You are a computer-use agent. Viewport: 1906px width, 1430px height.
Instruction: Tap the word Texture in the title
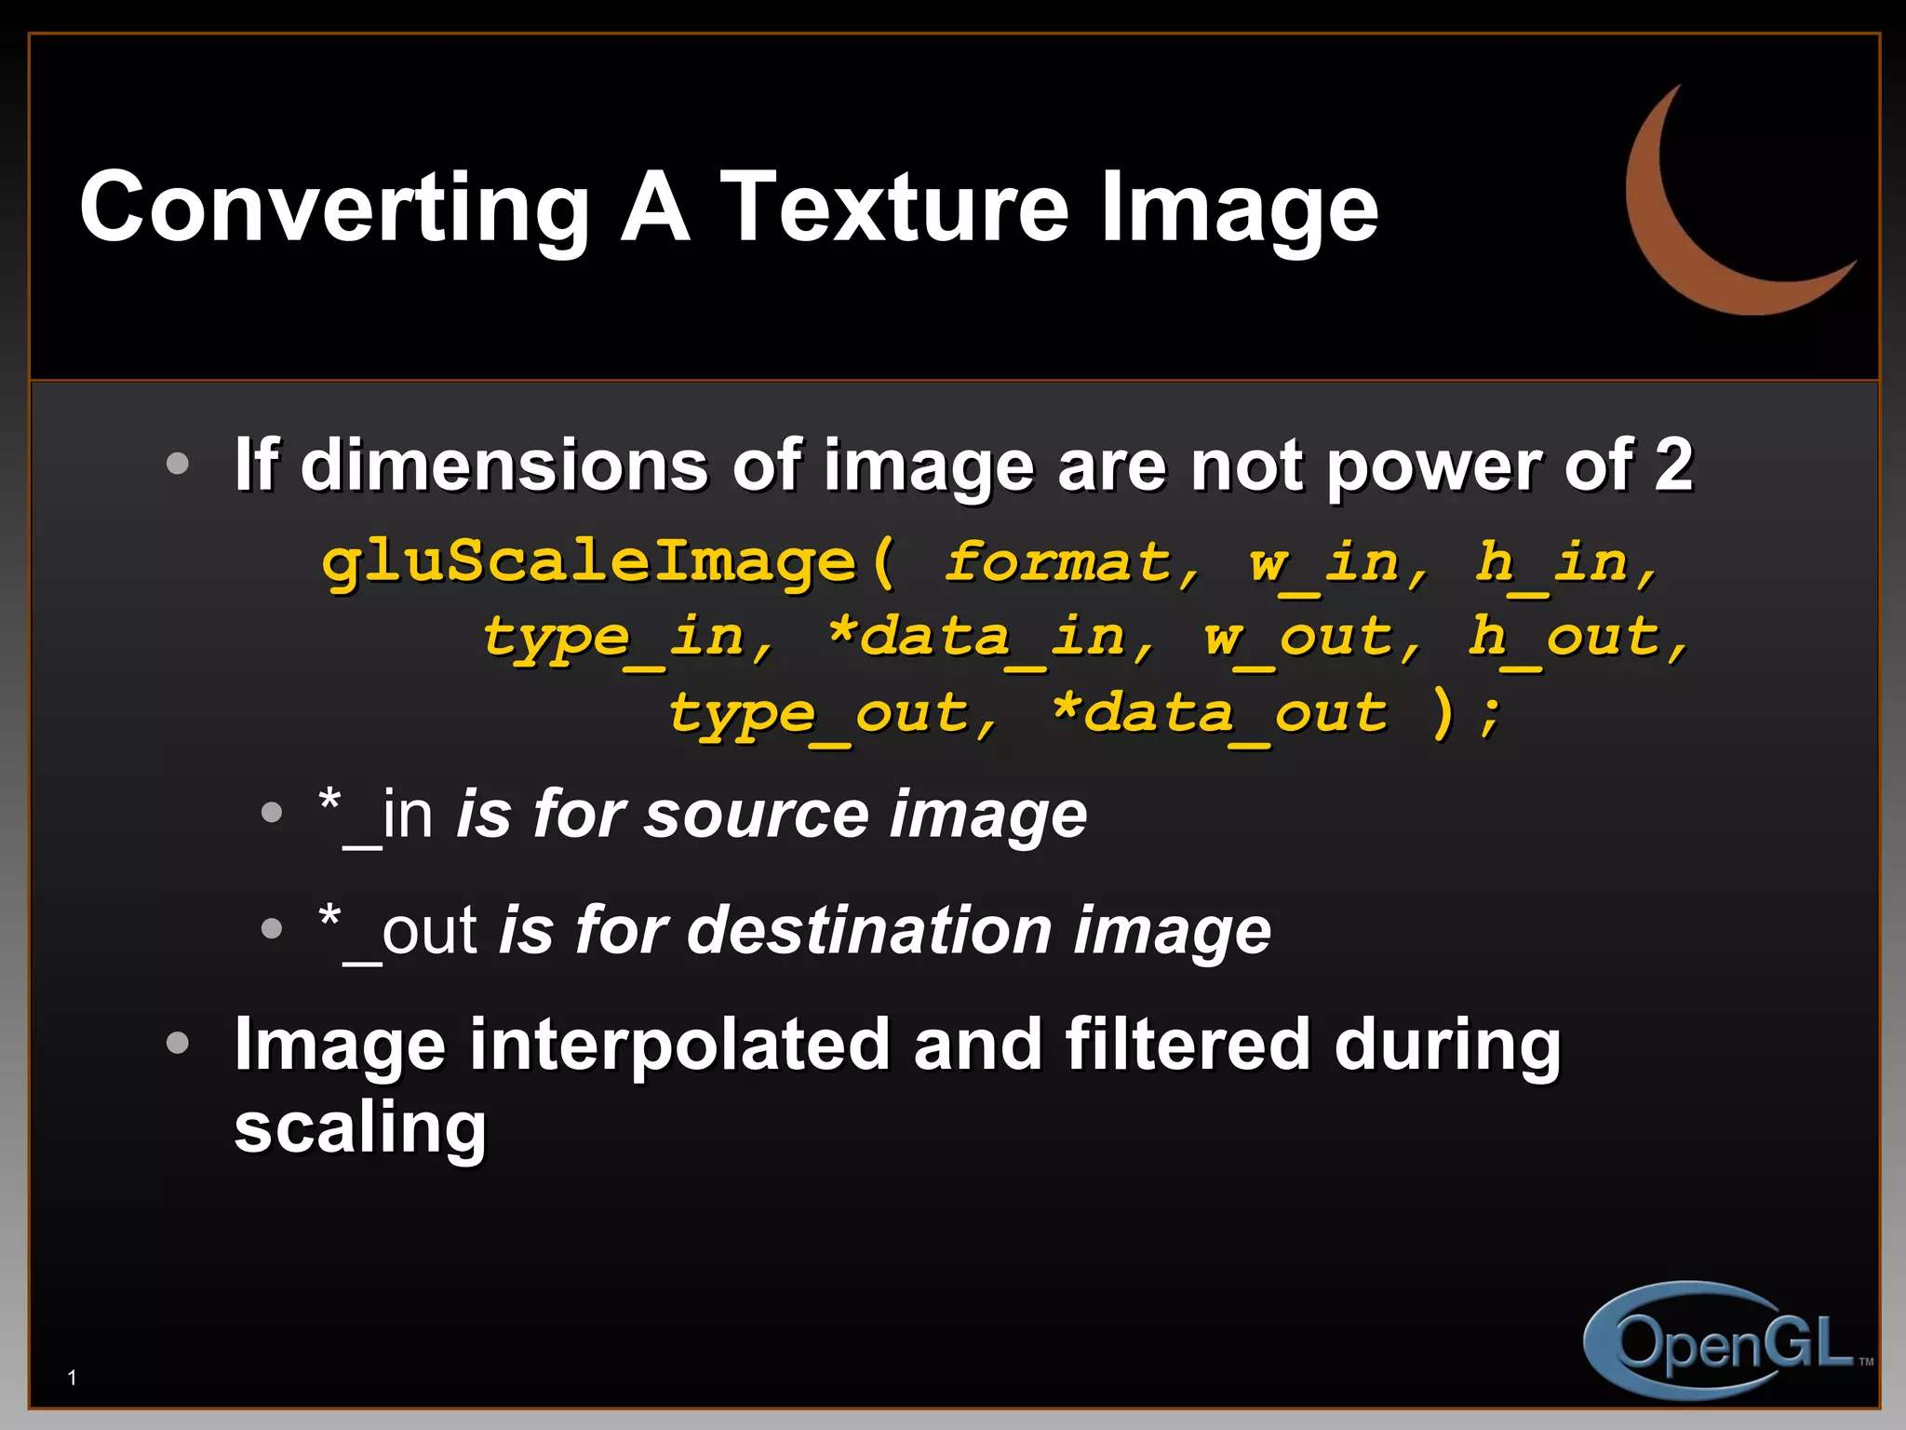click(894, 207)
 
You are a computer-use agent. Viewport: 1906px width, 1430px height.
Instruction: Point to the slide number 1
click(73, 1378)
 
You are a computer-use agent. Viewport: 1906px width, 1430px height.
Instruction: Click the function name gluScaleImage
click(588, 563)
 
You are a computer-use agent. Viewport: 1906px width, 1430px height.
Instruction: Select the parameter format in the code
click(1057, 563)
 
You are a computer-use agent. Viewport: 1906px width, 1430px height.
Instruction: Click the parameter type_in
click(613, 640)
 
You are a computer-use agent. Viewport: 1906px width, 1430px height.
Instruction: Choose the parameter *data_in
click(975, 640)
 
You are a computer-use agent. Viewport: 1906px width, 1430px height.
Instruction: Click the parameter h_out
click(1564, 640)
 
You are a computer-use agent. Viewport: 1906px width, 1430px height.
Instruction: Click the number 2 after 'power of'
click(1673, 465)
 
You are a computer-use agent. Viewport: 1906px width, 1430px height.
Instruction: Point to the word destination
click(870, 930)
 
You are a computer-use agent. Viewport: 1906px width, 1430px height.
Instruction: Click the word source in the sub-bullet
click(756, 815)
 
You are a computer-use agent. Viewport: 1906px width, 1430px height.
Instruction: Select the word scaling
click(360, 1127)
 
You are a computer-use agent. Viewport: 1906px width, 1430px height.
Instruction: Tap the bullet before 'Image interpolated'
click(177, 1044)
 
